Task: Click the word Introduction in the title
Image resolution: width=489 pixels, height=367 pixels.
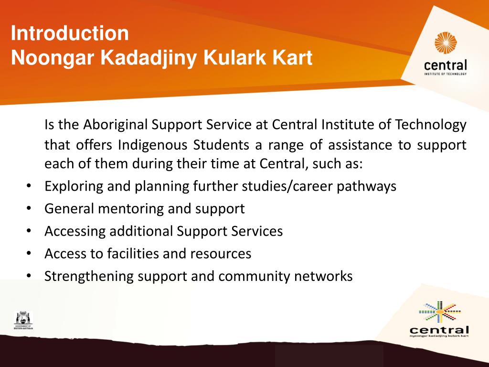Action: [x=70, y=34]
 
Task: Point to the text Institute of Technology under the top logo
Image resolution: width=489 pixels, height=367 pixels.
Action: [x=445, y=74]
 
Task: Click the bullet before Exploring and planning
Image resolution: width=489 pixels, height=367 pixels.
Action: [x=29, y=186]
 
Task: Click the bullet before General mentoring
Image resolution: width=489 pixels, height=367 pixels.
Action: [x=29, y=208]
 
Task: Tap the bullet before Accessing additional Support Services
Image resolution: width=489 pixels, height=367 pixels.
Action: [x=29, y=231]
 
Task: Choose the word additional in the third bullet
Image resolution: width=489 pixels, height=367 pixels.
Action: [x=141, y=231]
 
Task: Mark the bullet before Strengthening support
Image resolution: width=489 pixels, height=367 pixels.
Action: [x=29, y=276]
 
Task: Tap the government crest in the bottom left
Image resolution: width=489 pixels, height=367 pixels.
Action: [x=23, y=321]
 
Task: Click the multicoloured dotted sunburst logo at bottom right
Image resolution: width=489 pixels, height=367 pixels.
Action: [x=439, y=312]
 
